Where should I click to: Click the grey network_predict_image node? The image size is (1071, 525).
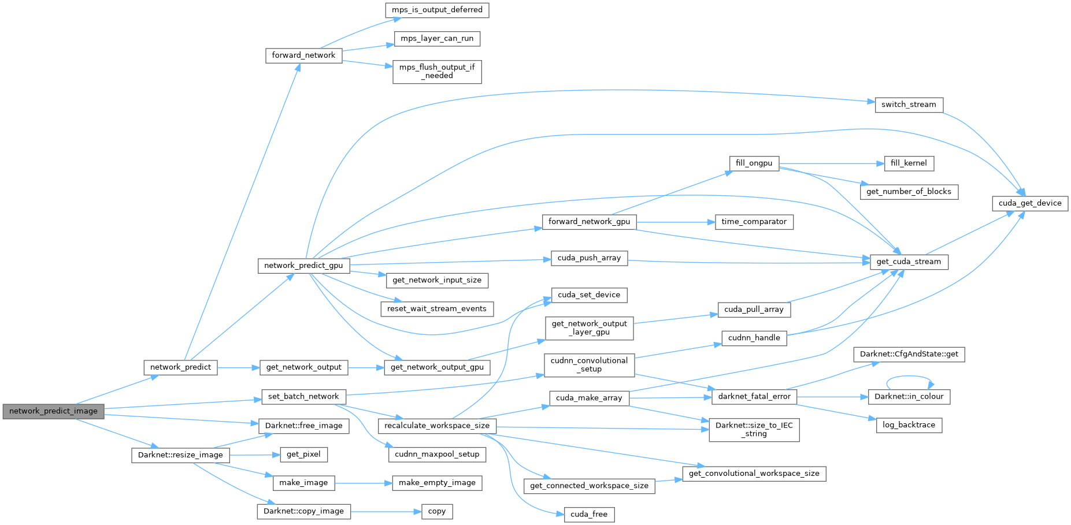coord(53,411)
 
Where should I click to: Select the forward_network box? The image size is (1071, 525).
coord(303,55)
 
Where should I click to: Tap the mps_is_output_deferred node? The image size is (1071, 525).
coord(437,10)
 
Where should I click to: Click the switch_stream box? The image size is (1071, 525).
coord(909,105)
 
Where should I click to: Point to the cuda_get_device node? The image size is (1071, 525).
coord(1030,203)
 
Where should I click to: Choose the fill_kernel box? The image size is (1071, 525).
coord(909,163)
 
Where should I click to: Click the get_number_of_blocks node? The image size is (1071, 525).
coord(909,192)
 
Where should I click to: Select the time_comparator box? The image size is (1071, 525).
coord(754,222)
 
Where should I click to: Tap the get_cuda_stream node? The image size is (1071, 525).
coord(909,262)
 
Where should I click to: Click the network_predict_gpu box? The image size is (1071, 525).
coord(303,266)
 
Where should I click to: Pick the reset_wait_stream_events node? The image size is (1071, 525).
coord(437,309)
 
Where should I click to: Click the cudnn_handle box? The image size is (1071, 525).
coord(754,338)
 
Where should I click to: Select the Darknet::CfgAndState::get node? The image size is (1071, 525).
coord(909,354)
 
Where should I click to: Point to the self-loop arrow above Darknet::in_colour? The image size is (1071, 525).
coord(909,377)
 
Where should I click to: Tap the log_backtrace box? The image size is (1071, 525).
coord(909,425)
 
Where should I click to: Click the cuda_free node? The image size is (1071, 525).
coord(589,515)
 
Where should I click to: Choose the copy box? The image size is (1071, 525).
coord(437,511)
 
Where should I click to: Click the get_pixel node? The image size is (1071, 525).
coord(303,455)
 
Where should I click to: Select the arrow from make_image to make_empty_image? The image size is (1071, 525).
coord(363,483)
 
